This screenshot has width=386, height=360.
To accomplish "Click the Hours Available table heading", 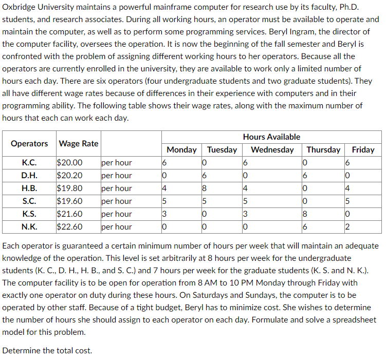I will click(271, 137).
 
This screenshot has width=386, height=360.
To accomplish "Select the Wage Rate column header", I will click(79, 143).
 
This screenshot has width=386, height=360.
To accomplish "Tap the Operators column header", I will click(29, 143).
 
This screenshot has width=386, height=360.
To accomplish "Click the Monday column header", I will click(182, 149).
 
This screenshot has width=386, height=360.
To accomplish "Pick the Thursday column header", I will click(323, 149).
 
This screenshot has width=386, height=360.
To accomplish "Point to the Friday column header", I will click(363, 149).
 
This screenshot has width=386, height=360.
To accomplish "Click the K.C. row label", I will click(29, 163).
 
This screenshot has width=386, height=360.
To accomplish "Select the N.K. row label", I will click(29, 227).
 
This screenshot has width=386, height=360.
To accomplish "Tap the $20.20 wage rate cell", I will click(71, 176).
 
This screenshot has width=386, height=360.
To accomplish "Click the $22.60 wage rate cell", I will click(71, 227).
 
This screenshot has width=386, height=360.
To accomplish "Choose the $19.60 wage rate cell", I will click(71, 201).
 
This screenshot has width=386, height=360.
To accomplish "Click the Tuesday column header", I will click(222, 149).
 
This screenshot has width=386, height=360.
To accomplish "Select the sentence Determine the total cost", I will click(47, 351).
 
